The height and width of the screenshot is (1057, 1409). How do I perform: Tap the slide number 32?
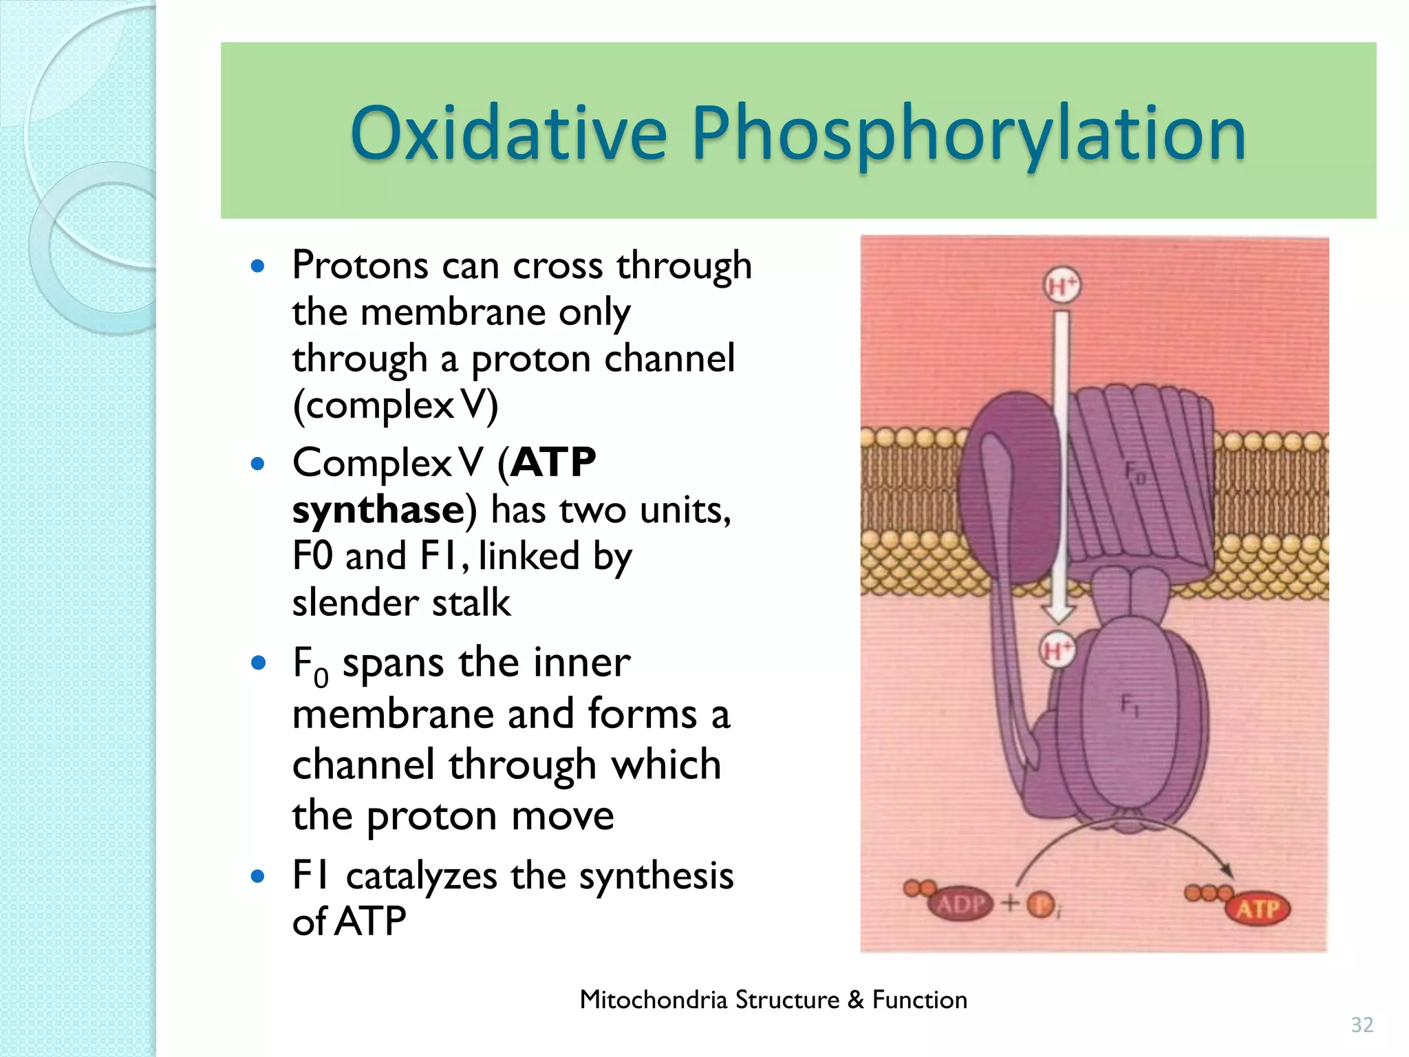click(x=1362, y=1025)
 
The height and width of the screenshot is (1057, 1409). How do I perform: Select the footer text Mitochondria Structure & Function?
click(x=773, y=999)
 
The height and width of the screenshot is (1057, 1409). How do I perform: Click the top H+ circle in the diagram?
click(x=1062, y=286)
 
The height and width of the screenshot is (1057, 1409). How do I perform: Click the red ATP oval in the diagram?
click(x=1258, y=909)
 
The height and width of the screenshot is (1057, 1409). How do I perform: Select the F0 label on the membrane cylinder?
click(x=1134, y=473)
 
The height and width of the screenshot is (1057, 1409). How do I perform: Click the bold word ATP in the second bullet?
click(x=553, y=462)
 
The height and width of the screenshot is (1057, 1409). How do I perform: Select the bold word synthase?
click(x=378, y=510)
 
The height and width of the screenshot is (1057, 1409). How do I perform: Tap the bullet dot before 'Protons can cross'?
click(x=258, y=266)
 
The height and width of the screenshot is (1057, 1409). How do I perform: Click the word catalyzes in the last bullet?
click(x=422, y=876)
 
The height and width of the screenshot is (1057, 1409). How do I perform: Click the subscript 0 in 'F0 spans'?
click(x=321, y=679)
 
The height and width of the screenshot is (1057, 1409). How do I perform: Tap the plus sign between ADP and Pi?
click(x=1010, y=903)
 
